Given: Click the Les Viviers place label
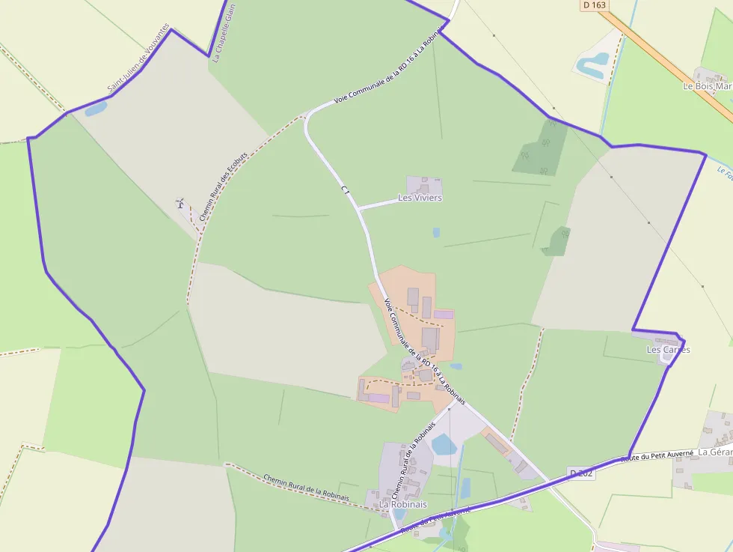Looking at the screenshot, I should click(420, 198).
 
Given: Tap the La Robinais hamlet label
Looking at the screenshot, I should click(402, 504).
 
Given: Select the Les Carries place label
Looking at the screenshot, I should click(668, 350).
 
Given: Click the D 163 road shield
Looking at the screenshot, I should click(595, 4).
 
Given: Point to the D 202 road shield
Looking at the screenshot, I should click(581, 473).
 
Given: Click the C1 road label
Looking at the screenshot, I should click(345, 191).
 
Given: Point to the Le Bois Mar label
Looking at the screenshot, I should click(707, 86).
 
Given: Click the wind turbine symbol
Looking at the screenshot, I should click(180, 203).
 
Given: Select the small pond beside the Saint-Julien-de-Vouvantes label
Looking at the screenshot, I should click(96, 109).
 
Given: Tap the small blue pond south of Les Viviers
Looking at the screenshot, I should click(436, 233).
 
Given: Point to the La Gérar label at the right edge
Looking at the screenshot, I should click(714, 452).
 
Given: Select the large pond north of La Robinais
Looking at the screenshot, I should click(444, 445).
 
